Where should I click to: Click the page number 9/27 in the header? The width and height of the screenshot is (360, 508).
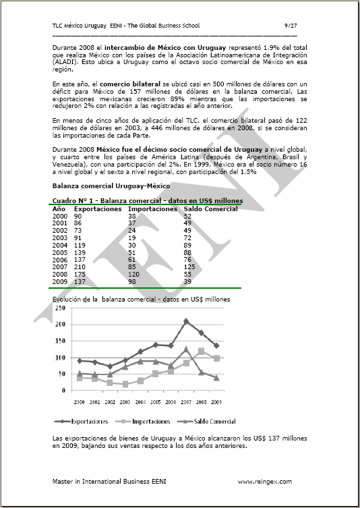click(290, 26)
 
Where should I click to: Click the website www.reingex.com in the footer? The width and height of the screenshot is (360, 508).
click(264, 481)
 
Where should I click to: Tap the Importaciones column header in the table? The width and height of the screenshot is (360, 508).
click(152, 209)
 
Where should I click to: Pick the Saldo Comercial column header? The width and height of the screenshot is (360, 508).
click(210, 209)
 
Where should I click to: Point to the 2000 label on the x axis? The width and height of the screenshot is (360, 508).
click(80, 402)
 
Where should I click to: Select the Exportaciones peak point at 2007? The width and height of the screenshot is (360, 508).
click(186, 321)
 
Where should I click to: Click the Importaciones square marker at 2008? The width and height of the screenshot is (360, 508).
click(201, 351)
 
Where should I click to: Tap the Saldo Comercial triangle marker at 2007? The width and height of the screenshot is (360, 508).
click(186, 349)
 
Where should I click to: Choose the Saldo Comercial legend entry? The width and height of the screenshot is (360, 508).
click(210, 421)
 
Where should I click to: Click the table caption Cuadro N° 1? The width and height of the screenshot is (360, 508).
click(74, 201)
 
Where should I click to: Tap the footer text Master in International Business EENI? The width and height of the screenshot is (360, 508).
click(105, 481)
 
